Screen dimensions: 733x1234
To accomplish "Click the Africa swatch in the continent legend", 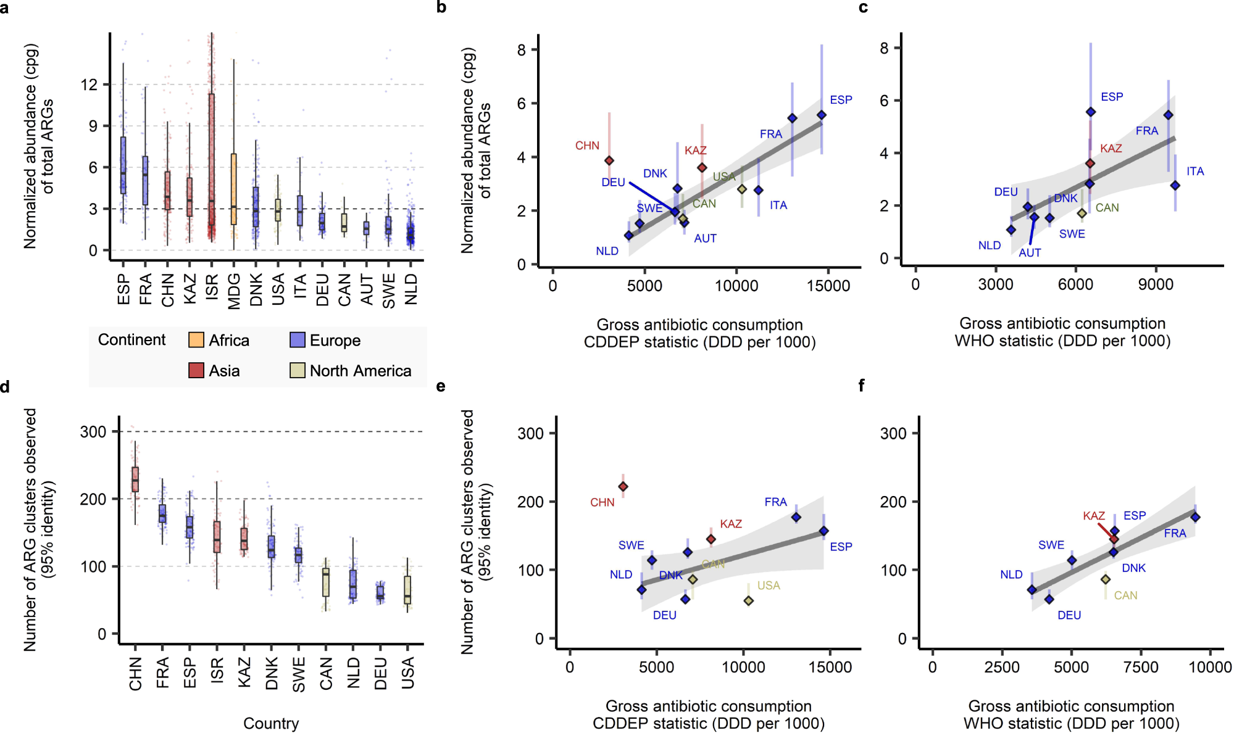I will click(196, 340).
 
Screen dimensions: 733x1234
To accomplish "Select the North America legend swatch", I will click(298, 370).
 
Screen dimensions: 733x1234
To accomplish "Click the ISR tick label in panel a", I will click(212, 288).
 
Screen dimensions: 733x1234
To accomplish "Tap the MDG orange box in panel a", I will click(233, 189).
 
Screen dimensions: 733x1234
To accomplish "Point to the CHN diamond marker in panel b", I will click(609, 160).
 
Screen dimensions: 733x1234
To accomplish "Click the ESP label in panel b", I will click(841, 100).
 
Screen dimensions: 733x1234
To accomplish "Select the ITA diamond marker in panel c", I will click(1175, 185).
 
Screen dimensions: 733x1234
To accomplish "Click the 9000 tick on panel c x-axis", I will click(1156, 284).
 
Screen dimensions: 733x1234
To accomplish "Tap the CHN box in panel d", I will click(135, 479).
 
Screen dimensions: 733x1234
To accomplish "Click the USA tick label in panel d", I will click(407, 673).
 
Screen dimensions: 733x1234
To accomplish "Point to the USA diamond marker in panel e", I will click(748, 600).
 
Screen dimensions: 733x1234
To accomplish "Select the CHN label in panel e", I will click(602, 502).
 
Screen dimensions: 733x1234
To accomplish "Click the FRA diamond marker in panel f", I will click(1195, 517).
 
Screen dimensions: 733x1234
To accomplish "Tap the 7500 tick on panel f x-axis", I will click(1140, 667).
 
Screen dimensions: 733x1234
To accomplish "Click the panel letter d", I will click(5, 387).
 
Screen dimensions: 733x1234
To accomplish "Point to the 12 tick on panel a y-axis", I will click(90, 85).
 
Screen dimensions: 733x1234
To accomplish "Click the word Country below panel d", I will click(270, 723).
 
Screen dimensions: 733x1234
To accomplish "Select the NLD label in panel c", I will click(989, 246).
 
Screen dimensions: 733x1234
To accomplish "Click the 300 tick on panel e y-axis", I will click(530, 433).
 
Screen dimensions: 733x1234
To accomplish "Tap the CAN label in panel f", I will click(1125, 595).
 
